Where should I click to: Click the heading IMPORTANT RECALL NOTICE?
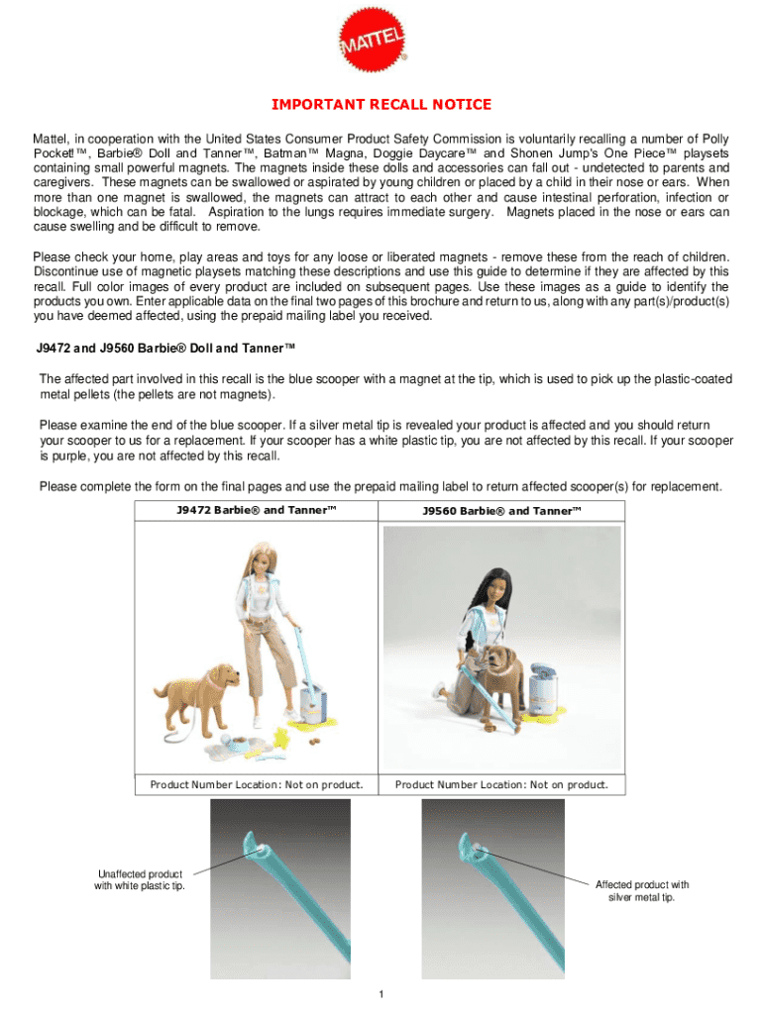coord(381,105)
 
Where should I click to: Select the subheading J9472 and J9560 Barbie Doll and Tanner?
coord(165,348)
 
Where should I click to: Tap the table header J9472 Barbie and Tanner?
coord(257,511)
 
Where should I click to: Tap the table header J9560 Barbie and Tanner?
coord(501,511)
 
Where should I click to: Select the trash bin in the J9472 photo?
coord(314,705)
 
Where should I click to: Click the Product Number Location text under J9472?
coord(257,785)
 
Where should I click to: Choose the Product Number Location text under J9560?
coord(501,785)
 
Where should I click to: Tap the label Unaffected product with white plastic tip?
coord(140,879)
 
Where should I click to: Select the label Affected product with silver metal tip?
coord(641,891)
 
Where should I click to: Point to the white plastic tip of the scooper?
coord(256,845)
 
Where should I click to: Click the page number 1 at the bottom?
coord(381,994)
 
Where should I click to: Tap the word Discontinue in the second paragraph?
coord(74,271)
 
